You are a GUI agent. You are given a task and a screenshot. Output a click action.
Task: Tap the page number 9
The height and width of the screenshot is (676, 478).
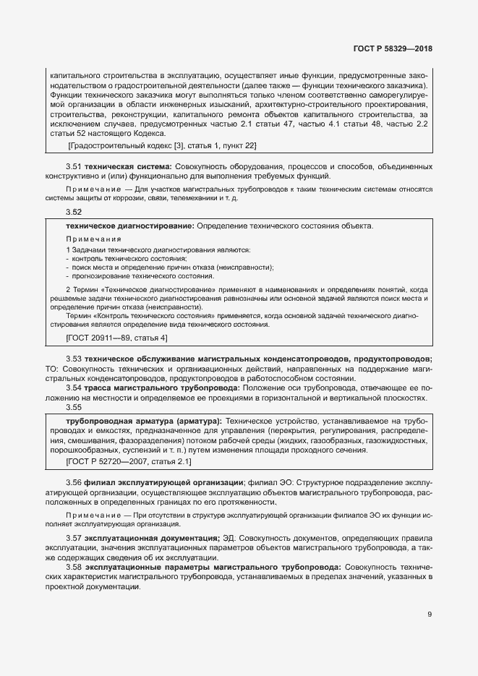[x=430, y=615]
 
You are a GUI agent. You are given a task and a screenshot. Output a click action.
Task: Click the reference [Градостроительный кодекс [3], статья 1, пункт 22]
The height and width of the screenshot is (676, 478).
[x=162, y=146]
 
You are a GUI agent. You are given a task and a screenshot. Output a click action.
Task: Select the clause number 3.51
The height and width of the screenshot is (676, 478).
[x=74, y=167]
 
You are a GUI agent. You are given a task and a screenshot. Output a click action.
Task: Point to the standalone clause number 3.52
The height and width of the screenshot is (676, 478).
[x=74, y=212]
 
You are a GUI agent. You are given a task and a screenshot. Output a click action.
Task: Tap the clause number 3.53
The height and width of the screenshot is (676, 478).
[x=74, y=359]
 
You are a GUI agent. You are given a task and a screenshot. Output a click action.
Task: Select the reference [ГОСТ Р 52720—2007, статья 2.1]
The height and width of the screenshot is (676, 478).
[x=128, y=461]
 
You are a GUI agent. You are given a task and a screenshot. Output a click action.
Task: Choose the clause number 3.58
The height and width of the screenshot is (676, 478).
[x=74, y=568]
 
